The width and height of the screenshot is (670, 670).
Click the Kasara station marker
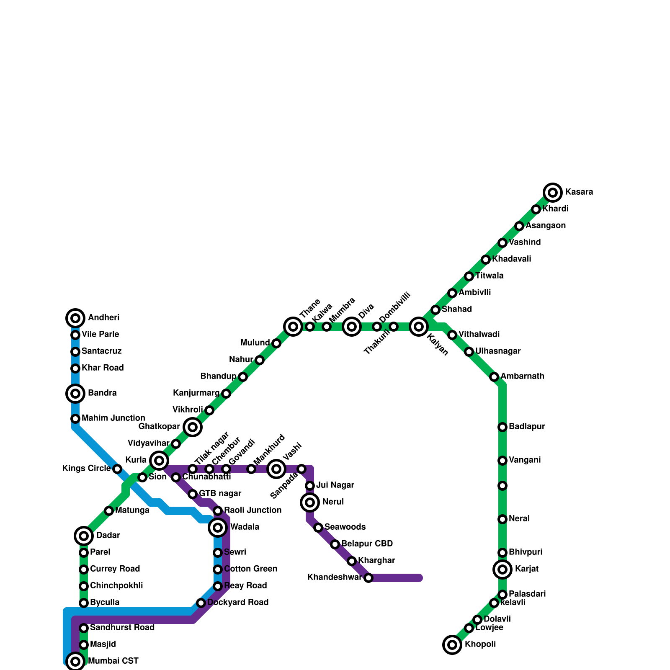coord(553,193)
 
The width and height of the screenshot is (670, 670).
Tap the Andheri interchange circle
coord(75,318)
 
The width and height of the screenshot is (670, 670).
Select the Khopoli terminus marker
coord(452,645)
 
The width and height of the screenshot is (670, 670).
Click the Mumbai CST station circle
coord(75,662)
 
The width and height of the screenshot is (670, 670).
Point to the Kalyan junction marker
coord(419,327)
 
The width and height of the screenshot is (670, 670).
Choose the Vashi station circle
coord(276,469)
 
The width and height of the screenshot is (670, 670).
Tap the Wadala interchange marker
coord(218,528)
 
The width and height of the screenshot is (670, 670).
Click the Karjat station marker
coord(502,569)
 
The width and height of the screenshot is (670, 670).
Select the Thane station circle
coord(293,327)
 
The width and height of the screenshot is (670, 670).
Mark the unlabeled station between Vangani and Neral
coord(502,486)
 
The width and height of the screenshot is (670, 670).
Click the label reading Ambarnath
coord(522,376)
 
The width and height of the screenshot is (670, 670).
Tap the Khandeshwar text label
coord(334,577)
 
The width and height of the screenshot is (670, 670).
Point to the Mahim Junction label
coord(113,418)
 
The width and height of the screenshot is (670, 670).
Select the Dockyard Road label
coord(238,603)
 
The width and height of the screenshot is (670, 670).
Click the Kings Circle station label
coord(87,469)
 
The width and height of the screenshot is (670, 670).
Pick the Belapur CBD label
coord(367,544)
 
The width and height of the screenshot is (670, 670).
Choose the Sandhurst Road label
coord(122,628)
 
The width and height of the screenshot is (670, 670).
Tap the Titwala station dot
coord(469,276)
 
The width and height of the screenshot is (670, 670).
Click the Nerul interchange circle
coord(310,502)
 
